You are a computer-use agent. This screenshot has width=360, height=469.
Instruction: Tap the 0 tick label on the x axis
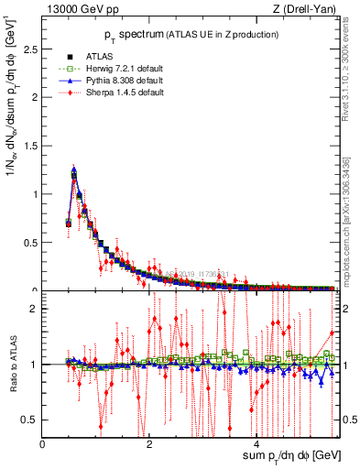[43, 443]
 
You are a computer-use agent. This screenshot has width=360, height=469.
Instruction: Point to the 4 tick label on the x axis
[256, 443]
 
